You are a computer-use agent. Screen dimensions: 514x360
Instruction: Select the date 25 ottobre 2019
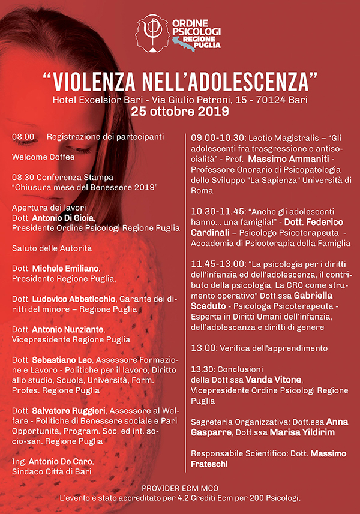coord(180,111)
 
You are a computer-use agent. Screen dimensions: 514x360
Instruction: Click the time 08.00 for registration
coord(23,137)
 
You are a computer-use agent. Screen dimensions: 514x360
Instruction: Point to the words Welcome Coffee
coord(43,157)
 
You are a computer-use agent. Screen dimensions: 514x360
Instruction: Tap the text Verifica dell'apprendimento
coord(277,348)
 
